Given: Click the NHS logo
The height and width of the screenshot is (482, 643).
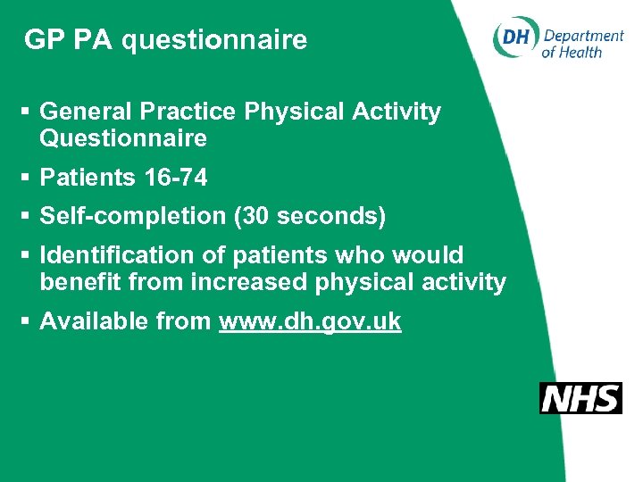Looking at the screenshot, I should pyautogui.click(x=580, y=398).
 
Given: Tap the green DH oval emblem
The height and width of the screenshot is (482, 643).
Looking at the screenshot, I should pyautogui.click(x=515, y=38).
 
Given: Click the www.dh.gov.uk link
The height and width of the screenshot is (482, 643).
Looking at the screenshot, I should pyautogui.click(x=310, y=322).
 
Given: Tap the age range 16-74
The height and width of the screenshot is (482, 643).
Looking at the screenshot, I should pyautogui.click(x=175, y=179).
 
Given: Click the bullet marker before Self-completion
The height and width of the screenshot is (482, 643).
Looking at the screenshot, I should pyautogui.click(x=28, y=216).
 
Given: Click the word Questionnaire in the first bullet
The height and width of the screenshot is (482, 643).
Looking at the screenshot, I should pyautogui.click(x=123, y=138).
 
